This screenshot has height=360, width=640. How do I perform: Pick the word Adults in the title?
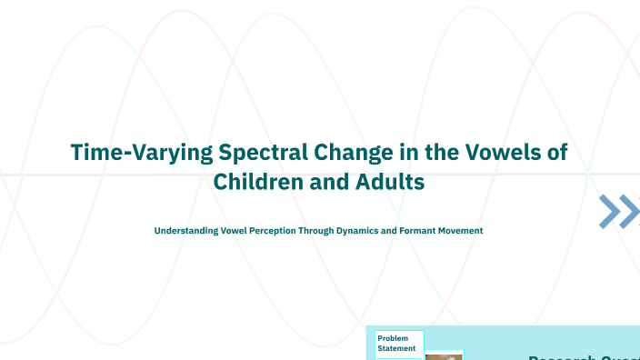pos(391,181)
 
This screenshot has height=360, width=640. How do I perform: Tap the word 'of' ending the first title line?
pos(556,152)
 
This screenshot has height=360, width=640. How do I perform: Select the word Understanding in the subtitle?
pos(185,231)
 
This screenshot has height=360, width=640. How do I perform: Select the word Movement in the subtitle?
pos(462,231)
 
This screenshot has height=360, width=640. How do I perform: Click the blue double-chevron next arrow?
pos(618,211)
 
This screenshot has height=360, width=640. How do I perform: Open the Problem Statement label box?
pos(398,343)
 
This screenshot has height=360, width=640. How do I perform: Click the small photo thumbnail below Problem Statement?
pos(444,356)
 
